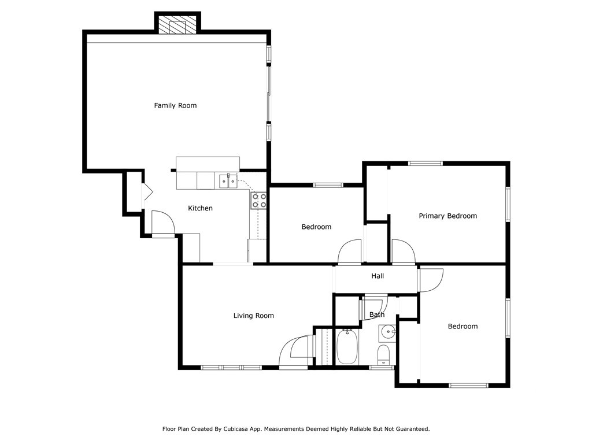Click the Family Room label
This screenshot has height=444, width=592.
click(x=175, y=105)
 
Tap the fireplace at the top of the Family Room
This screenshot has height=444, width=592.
click(x=177, y=25)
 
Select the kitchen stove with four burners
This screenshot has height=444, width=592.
click(x=259, y=200)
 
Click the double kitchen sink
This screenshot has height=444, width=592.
click(x=228, y=181)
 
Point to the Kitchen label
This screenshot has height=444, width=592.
click(x=201, y=208)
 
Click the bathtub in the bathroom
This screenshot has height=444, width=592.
click(x=347, y=346)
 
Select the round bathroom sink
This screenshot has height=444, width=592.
click(x=387, y=332)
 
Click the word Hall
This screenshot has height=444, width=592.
click(x=378, y=276)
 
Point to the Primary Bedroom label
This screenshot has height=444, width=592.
click(x=447, y=216)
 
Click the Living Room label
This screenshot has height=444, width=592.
click(x=253, y=316)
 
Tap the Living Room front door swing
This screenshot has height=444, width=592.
click(x=295, y=351)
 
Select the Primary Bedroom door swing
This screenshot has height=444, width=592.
click(x=402, y=251)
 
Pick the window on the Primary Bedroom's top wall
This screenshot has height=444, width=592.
click(x=425, y=164)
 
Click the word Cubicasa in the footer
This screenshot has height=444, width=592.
click(x=249, y=429)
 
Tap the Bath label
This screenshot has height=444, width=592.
click(x=377, y=315)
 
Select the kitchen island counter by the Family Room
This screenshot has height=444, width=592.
click(x=208, y=164)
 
